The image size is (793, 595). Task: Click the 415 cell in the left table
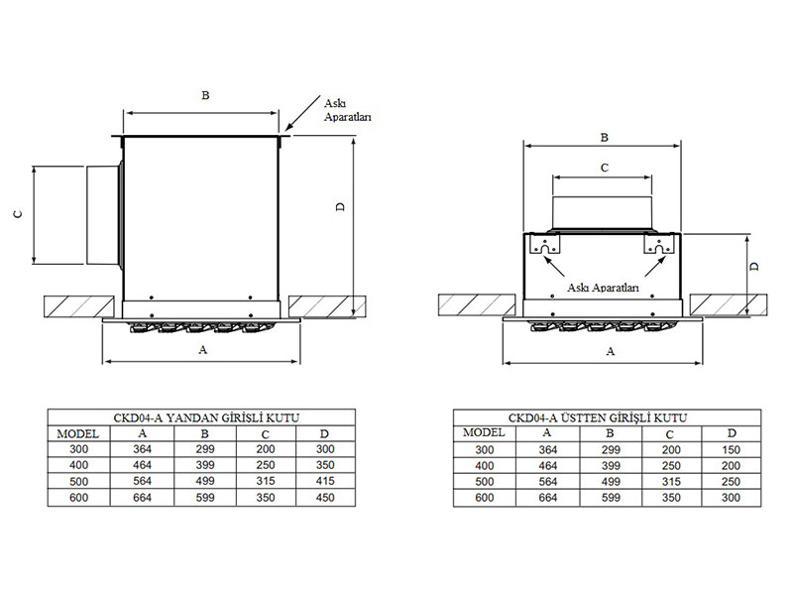(x=325, y=481)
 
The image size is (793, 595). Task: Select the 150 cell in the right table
(x=731, y=450)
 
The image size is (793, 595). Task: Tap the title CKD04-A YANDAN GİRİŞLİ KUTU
(x=206, y=417)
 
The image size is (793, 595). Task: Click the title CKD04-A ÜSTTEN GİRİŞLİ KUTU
(x=598, y=417)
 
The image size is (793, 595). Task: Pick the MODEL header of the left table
(x=78, y=433)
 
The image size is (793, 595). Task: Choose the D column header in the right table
(x=732, y=433)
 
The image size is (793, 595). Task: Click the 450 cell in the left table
(x=325, y=498)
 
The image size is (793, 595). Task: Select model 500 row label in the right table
(x=484, y=482)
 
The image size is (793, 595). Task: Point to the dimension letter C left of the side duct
(x=18, y=214)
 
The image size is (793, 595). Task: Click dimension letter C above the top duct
(x=605, y=168)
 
